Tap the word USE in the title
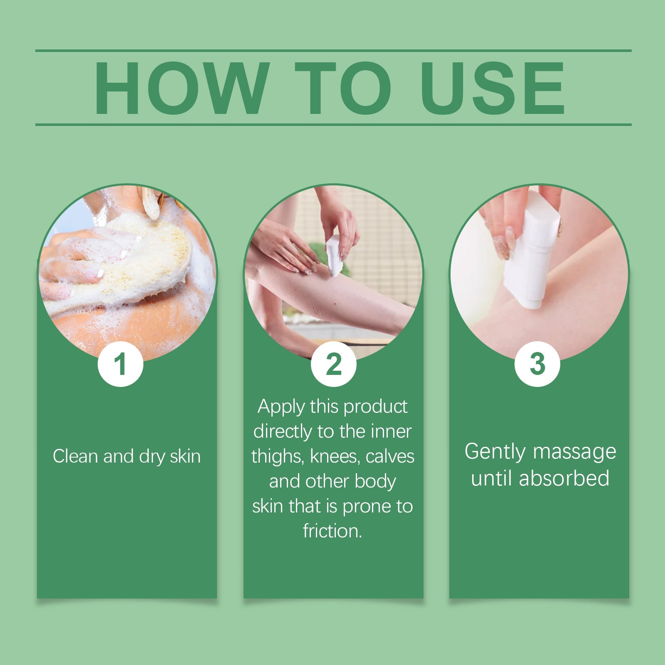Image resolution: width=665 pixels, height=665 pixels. coord(493,88)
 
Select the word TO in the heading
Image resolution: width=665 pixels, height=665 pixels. coord(343,88)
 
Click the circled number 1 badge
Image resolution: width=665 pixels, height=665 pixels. coord(120,364)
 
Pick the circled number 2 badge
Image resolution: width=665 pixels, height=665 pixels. coord(333,364)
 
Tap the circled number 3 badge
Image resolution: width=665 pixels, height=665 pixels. coord(537,364)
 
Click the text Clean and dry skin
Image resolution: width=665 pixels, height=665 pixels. coord(127,456)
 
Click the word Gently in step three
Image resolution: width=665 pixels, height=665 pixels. coord(495,452)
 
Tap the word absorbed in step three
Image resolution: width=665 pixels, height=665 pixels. coord(564,478)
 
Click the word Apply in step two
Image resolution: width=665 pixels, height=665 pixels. coord(281,406)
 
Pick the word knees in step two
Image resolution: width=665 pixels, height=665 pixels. coord(334,456)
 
